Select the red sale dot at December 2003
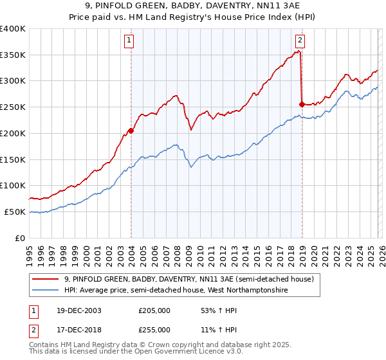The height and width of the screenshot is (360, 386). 131,130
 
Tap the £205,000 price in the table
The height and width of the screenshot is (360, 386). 154,310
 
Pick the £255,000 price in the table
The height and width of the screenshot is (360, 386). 154,329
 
